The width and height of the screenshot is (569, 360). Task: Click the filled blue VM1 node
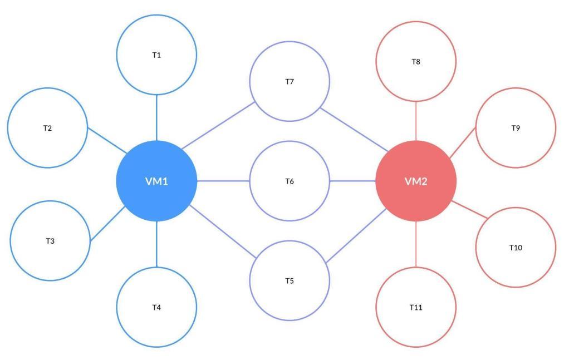(x=156, y=181)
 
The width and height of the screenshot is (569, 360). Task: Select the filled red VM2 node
(x=416, y=181)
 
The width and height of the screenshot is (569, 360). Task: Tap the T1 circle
(x=156, y=55)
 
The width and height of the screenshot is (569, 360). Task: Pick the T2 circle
(x=47, y=128)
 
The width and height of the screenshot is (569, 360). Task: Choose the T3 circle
(x=50, y=241)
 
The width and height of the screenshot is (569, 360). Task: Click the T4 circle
(x=156, y=307)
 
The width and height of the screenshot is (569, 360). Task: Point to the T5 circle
(x=290, y=280)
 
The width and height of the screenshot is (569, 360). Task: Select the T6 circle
(x=290, y=181)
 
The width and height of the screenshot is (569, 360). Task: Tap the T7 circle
(x=290, y=82)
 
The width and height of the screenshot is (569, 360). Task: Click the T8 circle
(x=416, y=61)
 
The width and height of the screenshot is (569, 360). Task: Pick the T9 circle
(x=516, y=128)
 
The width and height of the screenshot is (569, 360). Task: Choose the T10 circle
(x=516, y=248)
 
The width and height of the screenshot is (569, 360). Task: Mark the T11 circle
(x=416, y=307)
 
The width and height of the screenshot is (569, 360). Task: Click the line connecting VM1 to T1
(x=156, y=118)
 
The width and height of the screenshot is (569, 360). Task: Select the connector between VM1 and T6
(x=223, y=181)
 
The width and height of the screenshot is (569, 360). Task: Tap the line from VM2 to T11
(x=416, y=244)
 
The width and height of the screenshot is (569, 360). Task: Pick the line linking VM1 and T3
(x=107, y=224)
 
